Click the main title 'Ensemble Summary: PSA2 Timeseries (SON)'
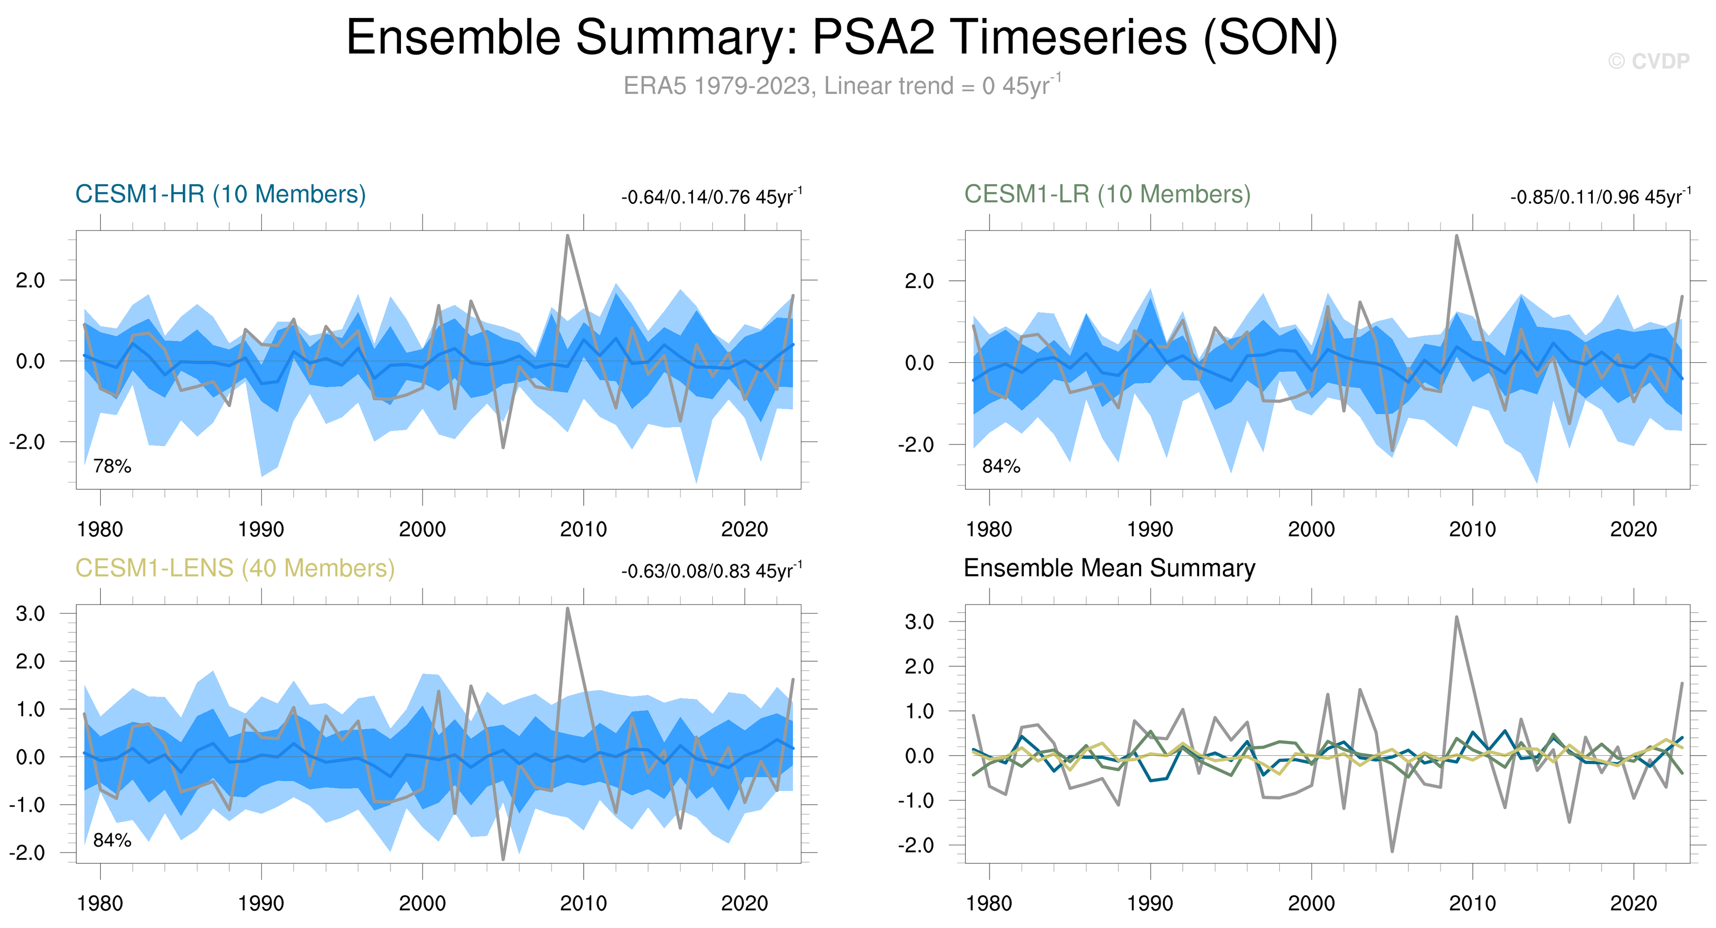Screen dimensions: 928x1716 [841, 37]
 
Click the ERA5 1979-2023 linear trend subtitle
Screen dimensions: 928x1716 [841, 86]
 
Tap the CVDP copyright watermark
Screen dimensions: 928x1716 [1648, 61]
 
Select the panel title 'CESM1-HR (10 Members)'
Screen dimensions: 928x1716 [221, 194]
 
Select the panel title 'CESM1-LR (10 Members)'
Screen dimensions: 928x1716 [1107, 194]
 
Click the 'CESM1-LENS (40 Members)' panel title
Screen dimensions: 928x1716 [234, 568]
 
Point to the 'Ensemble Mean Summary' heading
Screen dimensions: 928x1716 [1109, 568]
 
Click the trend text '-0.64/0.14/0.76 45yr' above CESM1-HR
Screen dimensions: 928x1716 [710, 197]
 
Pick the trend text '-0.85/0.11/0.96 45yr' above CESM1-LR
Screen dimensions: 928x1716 [1599, 197]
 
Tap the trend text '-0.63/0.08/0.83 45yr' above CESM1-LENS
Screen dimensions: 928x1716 [710, 571]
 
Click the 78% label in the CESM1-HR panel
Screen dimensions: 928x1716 [112, 466]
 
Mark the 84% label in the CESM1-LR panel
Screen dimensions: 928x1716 [1001, 466]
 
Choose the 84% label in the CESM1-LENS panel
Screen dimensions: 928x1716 [112, 840]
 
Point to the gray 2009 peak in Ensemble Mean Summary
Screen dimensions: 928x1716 [1456, 617]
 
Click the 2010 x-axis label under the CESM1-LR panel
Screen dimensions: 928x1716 [1472, 530]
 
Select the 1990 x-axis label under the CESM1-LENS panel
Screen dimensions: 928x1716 [261, 904]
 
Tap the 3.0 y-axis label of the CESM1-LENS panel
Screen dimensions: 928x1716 [31, 614]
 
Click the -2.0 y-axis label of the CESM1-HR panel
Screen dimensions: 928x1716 [27, 442]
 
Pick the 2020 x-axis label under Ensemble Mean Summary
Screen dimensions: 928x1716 [1633, 904]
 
